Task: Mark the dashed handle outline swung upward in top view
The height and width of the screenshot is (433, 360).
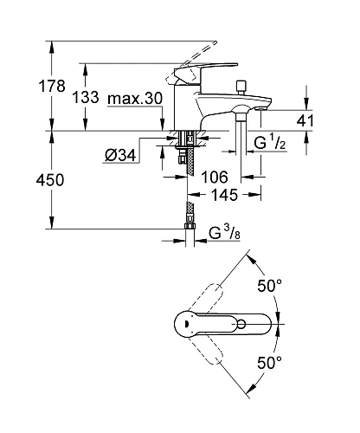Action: [233, 281]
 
